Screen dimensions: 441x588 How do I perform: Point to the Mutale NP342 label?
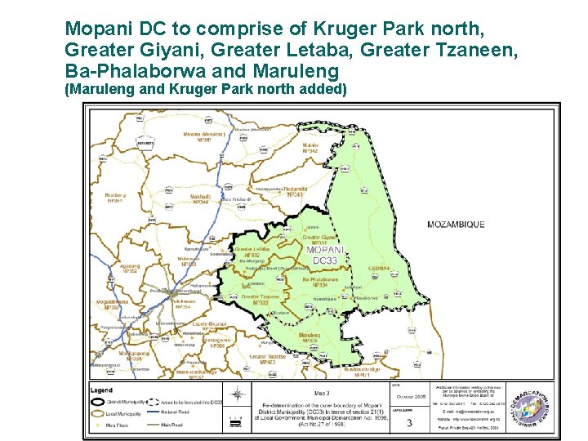(310, 148)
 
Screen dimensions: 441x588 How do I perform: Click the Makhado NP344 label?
(200, 198)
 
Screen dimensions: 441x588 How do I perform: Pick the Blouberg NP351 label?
(115, 198)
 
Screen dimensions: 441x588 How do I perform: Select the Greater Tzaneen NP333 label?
(260, 300)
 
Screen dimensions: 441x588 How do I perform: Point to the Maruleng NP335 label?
(309, 337)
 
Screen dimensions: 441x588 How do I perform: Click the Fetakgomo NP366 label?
(216, 343)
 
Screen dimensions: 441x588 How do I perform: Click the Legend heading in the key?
(102, 390)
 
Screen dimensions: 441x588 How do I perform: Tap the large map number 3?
(408, 423)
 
